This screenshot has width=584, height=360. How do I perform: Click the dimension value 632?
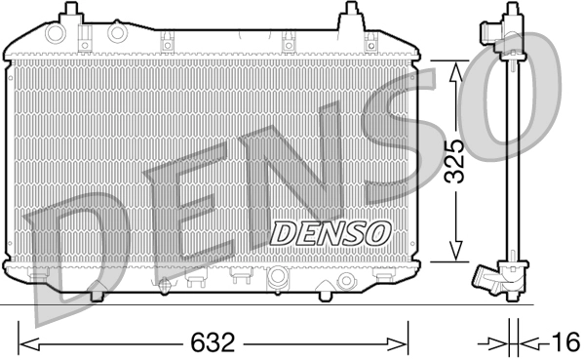pyautogui.click(x=214, y=343)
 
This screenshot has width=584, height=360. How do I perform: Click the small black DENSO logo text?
pyautogui.click(x=330, y=233)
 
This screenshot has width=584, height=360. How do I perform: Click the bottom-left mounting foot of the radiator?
pyautogui.click(x=97, y=290)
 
